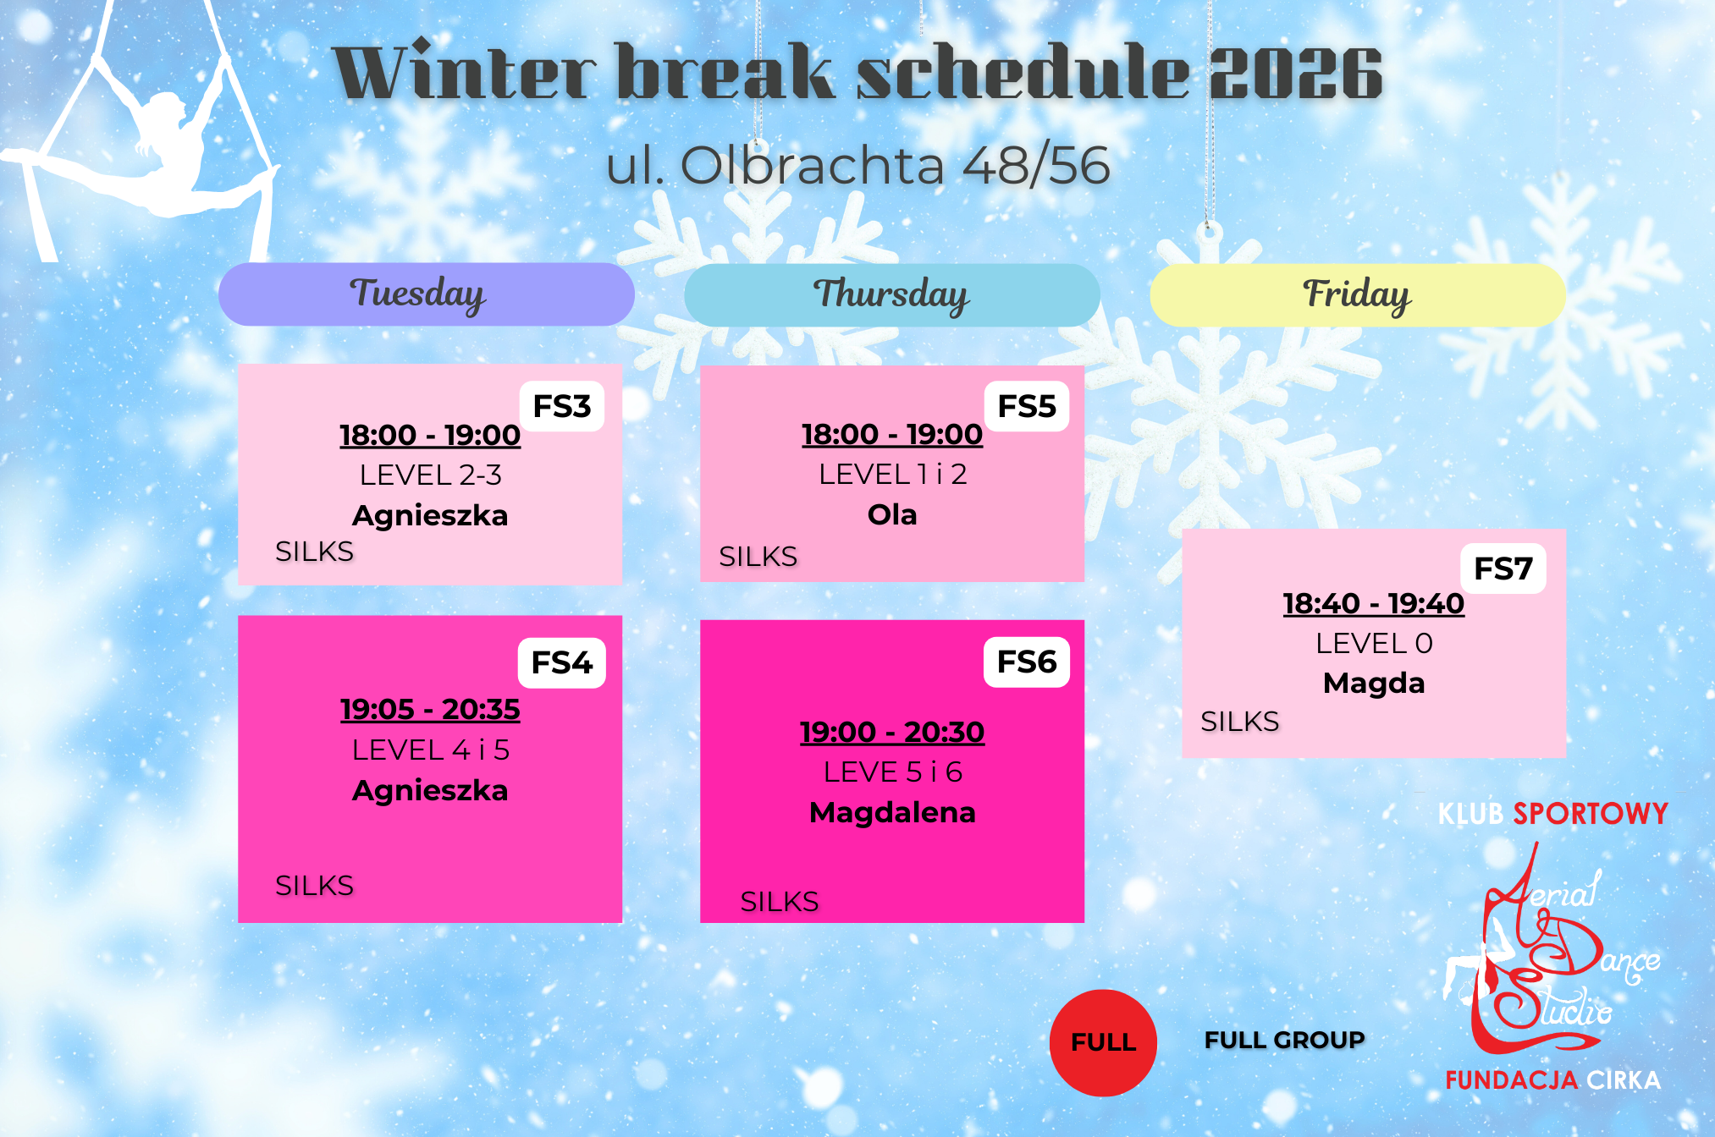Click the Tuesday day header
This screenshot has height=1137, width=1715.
click(427, 294)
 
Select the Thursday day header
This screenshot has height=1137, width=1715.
click(892, 295)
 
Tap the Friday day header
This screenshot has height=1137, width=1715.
click(1358, 295)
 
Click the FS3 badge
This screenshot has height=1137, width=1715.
click(562, 406)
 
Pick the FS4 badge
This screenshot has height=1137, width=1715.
click(562, 662)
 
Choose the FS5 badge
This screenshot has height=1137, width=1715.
click(1027, 406)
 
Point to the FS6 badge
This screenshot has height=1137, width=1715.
click(1027, 662)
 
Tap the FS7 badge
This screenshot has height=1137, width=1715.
click(1503, 568)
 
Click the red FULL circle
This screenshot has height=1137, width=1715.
click(1103, 1042)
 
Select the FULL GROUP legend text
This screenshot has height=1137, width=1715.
click(1284, 1040)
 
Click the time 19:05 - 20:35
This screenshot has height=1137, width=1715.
click(430, 709)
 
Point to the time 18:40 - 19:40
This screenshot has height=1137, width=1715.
click(1374, 603)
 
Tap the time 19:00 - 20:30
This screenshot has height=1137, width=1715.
click(892, 732)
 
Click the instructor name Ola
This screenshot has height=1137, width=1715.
click(892, 514)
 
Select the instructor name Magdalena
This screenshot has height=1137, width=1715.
click(892, 812)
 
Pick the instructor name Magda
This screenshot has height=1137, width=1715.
click(1374, 683)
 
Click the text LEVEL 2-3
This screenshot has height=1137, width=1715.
click(430, 475)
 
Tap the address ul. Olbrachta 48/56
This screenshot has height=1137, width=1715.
click(857, 165)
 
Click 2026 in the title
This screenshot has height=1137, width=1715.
click(1295, 74)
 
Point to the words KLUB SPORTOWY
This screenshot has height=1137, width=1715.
click(1552, 814)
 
